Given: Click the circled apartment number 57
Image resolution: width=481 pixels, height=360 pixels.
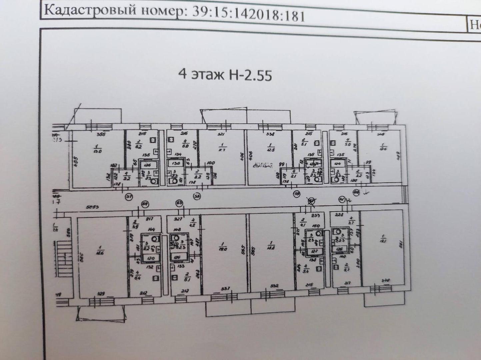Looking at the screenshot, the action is (x=129, y=197).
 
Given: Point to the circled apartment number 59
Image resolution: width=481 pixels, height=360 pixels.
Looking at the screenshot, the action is (x=296, y=193).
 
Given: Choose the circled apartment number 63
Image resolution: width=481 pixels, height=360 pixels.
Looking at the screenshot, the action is (x=180, y=203).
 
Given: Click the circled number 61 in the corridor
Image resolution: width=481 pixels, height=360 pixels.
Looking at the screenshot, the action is (x=342, y=200).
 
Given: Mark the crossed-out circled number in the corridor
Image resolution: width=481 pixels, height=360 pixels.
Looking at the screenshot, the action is (x=311, y=200).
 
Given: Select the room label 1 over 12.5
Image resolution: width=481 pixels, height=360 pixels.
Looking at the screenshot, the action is (x=271, y=147).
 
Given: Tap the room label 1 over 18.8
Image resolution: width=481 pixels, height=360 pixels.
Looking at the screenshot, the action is (x=271, y=245).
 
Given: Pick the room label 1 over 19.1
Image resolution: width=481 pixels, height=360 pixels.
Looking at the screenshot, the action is (x=382, y=239).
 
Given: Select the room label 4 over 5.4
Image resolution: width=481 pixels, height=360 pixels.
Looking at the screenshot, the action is (x=306, y=269).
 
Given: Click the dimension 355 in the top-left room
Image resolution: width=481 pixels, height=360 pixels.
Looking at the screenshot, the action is (x=99, y=135).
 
